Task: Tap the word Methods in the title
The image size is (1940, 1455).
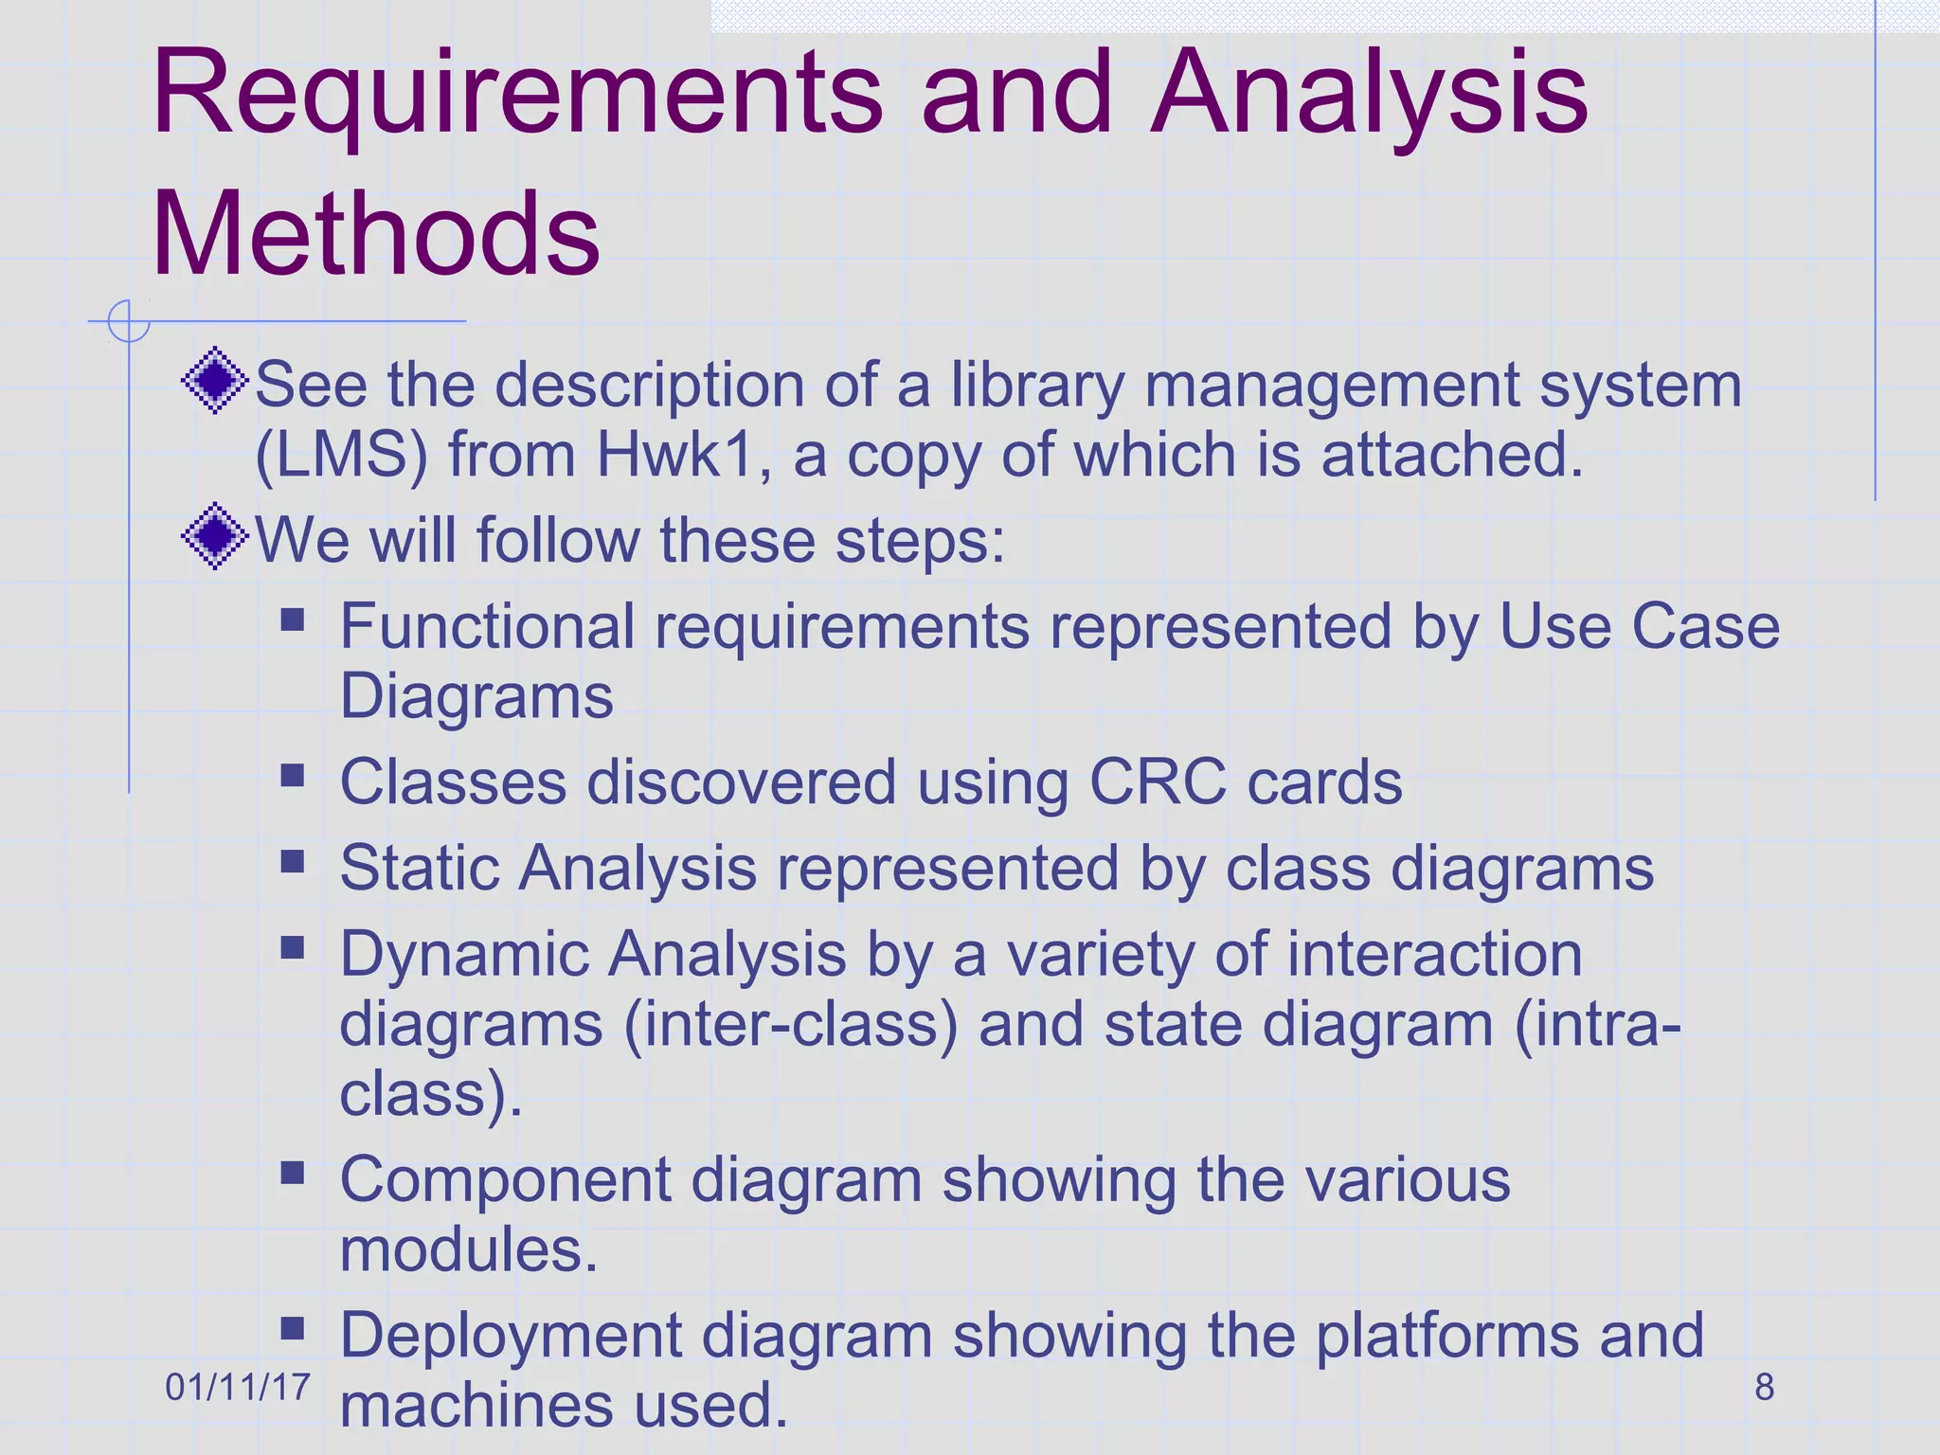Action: point(376,234)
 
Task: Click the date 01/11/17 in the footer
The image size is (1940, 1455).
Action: point(238,1387)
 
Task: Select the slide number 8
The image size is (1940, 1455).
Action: point(1764,1387)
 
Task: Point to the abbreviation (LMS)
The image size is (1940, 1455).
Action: point(341,457)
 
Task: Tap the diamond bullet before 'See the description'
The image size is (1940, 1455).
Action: point(216,381)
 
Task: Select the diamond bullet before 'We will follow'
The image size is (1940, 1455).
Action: point(216,536)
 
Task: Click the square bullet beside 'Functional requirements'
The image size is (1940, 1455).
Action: point(293,620)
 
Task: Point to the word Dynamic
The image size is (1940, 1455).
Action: point(463,955)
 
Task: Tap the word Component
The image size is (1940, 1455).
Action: point(505,1180)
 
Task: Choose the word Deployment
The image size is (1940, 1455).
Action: point(511,1336)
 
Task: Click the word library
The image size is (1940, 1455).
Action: point(1037,386)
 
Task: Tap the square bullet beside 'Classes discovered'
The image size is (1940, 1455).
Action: point(293,777)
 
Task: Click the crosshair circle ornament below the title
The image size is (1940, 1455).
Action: point(129,321)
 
